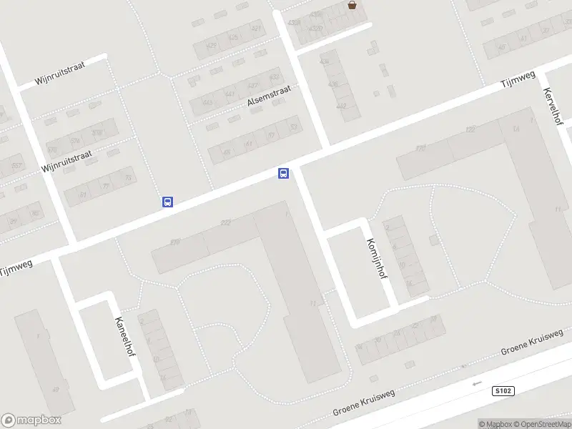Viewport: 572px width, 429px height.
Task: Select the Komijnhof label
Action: click(x=377, y=262)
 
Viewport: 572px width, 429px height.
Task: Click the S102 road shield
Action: click(x=503, y=391)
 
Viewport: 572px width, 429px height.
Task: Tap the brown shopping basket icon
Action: click(x=352, y=5)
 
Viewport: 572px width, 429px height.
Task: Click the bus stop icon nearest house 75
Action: click(x=167, y=202)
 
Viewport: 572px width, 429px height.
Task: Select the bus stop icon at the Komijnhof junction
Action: click(x=283, y=173)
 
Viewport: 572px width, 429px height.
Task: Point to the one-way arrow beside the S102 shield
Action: click(x=478, y=384)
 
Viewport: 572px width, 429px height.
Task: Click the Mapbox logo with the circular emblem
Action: click(x=31, y=420)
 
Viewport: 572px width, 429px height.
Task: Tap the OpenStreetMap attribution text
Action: click(x=543, y=424)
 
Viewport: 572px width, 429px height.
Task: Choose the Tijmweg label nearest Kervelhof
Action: click(x=517, y=79)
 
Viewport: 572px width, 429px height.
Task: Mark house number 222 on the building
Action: click(x=226, y=223)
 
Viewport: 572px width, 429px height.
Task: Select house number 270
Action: click(x=175, y=242)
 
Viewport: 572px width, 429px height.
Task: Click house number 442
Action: click(x=341, y=106)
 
